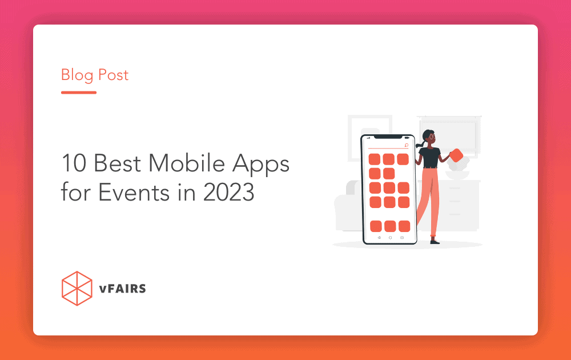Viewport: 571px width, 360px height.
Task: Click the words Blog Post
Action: click(95, 75)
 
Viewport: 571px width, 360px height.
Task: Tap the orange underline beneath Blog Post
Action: click(79, 92)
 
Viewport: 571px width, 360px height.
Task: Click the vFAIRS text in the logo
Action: click(122, 289)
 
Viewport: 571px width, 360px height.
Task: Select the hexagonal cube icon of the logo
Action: click(77, 288)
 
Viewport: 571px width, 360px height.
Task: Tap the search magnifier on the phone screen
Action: click(406, 146)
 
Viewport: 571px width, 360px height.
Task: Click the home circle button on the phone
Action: click(390, 237)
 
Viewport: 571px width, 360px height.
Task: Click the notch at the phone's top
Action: click(389, 137)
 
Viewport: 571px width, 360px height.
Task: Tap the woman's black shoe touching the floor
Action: click(435, 242)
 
